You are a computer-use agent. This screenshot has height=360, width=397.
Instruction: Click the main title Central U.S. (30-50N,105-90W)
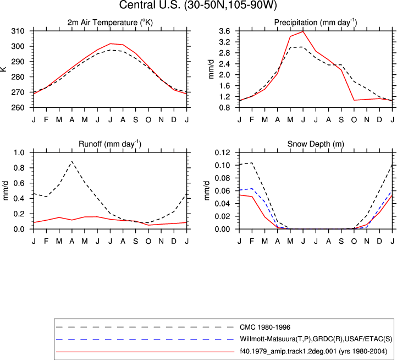198,5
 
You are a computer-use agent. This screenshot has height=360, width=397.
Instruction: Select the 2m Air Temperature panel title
110,23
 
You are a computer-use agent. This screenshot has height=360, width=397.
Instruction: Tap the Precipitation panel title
316,23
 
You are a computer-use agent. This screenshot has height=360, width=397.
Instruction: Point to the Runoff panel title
110,144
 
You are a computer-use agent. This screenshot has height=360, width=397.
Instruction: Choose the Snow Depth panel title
316,144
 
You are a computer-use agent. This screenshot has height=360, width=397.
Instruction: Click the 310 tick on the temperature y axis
18,31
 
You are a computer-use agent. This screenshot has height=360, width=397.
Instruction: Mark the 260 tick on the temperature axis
18,107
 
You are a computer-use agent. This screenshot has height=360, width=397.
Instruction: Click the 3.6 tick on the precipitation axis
224,31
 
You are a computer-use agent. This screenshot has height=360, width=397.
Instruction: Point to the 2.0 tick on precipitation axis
224,75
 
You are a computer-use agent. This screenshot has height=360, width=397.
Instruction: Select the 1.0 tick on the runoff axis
19,152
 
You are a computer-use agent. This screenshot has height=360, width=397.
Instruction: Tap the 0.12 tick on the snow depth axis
223,152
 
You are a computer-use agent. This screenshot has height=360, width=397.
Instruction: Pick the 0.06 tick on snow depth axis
223,191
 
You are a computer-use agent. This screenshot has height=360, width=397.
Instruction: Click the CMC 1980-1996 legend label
265,328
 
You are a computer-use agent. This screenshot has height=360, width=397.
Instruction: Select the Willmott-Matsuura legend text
316,339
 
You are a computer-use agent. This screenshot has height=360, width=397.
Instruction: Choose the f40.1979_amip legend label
313,351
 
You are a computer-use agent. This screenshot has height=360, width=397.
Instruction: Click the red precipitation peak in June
303,31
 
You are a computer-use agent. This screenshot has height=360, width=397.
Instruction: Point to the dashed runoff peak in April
72,161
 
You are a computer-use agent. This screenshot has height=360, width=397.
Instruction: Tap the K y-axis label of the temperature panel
3,69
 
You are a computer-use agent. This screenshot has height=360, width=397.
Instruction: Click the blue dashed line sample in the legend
145,339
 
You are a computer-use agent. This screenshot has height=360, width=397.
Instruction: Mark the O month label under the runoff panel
148,241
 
